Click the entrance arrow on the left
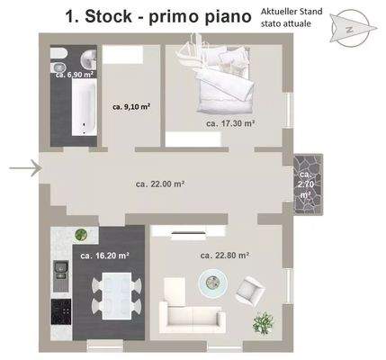[x=24, y=166]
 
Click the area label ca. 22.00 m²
[x=160, y=184]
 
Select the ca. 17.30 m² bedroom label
[x=230, y=123]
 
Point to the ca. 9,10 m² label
[x=130, y=106]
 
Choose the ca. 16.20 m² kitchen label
[x=103, y=255]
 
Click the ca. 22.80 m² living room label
[x=224, y=255]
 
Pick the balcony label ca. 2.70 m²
[x=306, y=184]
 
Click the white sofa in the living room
[x=191, y=316]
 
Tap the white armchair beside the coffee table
[x=248, y=289]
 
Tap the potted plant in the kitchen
[x=82, y=235]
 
